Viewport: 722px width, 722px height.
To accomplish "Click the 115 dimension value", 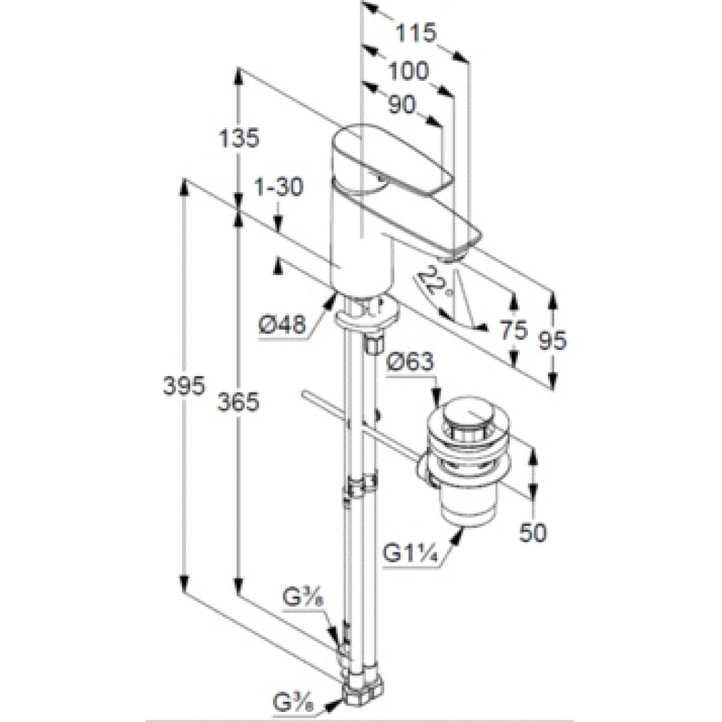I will (x=416, y=32).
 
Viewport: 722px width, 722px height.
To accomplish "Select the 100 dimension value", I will (x=408, y=71).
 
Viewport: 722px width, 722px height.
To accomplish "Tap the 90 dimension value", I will (x=402, y=105).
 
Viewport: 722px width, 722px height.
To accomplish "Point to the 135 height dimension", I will (x=239, y=138).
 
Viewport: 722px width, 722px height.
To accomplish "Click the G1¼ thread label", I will (x=409, y=554).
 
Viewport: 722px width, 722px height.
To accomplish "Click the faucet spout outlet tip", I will (x=451, y=256).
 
